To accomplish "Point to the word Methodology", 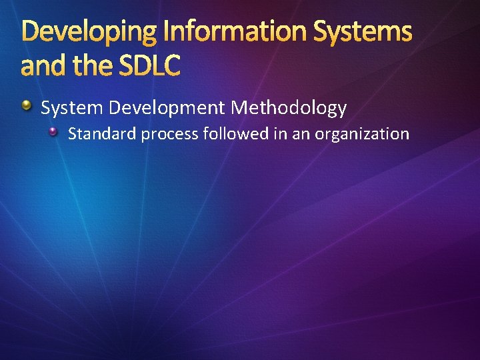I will pyautogui.click(x=289, y=107).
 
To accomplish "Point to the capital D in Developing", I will pyautogui.click(x=31, y=31).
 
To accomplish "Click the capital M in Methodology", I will pyautogui.click(x=239, y=107).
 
